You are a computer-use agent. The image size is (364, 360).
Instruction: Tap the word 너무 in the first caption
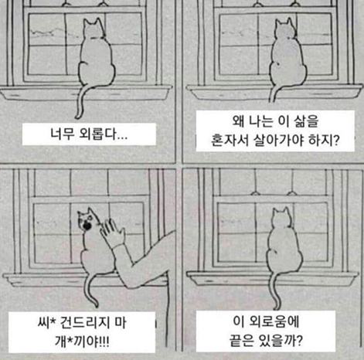coord(63,134)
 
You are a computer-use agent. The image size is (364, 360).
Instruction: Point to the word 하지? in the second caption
coord(325,140)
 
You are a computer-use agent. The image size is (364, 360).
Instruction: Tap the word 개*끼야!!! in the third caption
coord(82,341)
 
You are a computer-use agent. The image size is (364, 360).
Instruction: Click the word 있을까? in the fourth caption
coord(281,341)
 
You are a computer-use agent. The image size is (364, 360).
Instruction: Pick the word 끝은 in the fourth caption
coord(241,341)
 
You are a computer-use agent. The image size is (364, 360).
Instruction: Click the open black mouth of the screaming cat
coord(87,226)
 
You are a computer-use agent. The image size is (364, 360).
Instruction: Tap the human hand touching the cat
coord(112,233)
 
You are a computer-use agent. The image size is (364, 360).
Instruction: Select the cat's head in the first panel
coord(94,29)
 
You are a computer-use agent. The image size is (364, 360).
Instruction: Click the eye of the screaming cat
coord(90,218)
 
